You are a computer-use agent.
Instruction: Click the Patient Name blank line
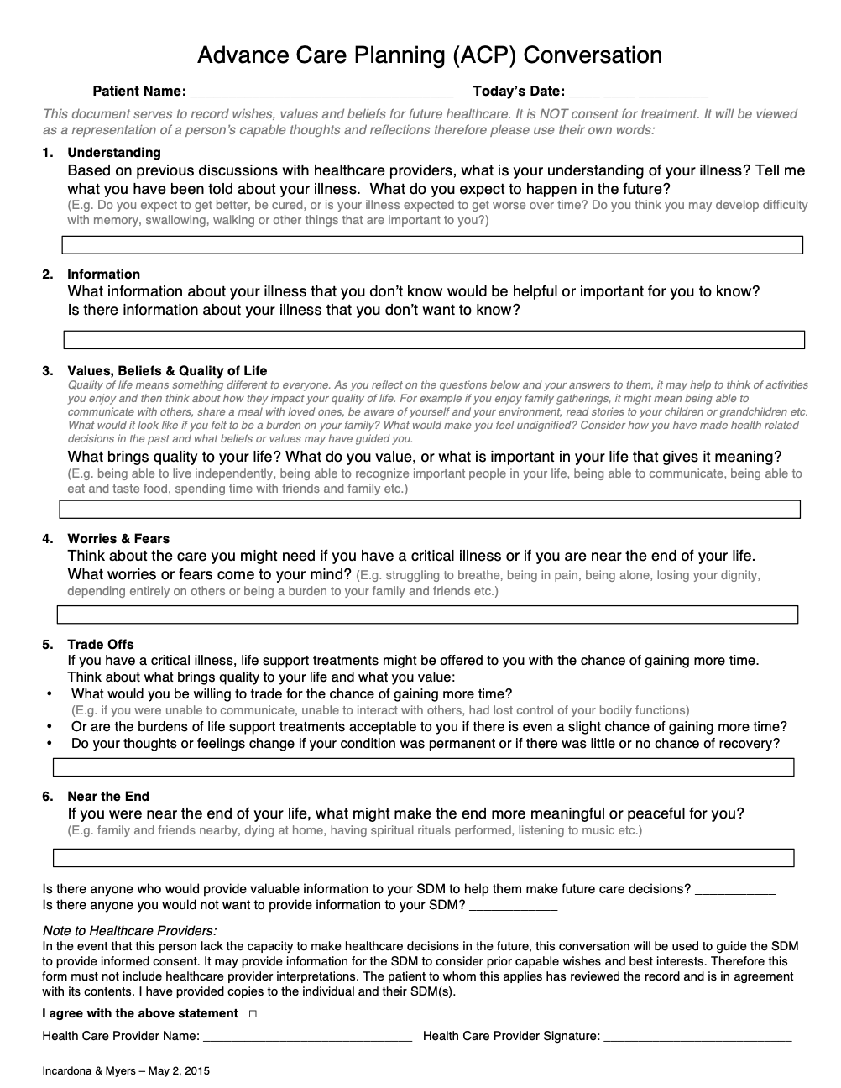[321, 92]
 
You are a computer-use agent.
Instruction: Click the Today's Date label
[519, 92]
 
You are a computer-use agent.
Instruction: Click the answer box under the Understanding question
[432, 245]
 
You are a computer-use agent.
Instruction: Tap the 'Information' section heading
[103, 275]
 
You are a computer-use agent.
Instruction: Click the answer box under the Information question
[434, 340]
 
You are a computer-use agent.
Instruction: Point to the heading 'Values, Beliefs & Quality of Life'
[167, 371]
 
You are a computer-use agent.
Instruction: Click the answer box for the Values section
[430, 510]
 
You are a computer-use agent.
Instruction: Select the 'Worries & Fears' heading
[118, 539]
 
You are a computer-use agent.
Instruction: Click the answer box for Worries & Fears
[427, 615]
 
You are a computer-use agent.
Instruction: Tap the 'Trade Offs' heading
[101, 645]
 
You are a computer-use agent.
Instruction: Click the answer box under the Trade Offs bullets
[424, 767]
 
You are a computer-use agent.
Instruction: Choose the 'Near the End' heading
[108, 797]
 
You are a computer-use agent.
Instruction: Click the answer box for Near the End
[424, 858]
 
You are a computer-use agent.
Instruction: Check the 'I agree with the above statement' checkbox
[253, 1014]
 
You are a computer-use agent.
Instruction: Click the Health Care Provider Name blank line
[307, 1037]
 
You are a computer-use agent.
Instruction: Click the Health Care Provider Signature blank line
[697, 1037]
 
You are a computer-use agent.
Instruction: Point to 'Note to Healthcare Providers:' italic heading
[129, 930]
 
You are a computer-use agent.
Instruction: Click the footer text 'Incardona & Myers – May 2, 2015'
[126, 1071]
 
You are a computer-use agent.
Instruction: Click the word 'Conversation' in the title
[595, 55]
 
